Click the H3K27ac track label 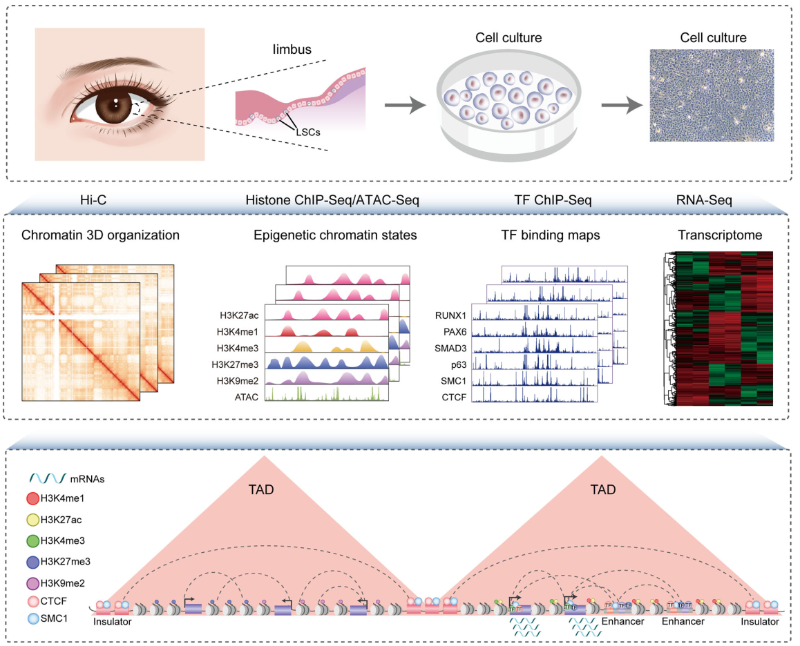point(238,315)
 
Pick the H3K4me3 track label point(237,348)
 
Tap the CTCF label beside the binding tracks point(455,398)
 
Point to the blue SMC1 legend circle point(32,617)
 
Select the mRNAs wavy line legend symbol point(46,477)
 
